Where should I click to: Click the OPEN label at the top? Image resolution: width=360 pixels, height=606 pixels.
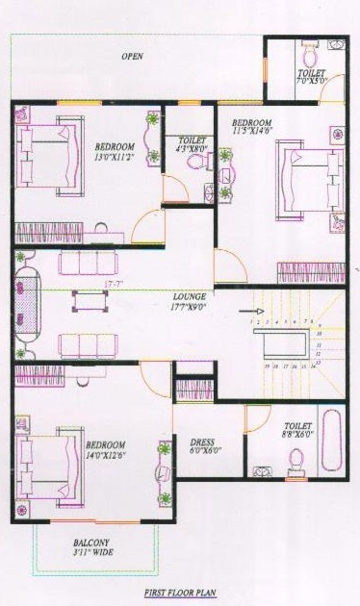point(132,57)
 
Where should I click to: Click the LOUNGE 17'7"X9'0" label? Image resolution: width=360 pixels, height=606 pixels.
point(190,302)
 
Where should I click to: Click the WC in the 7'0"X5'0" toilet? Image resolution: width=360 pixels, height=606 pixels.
point(308,49)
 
